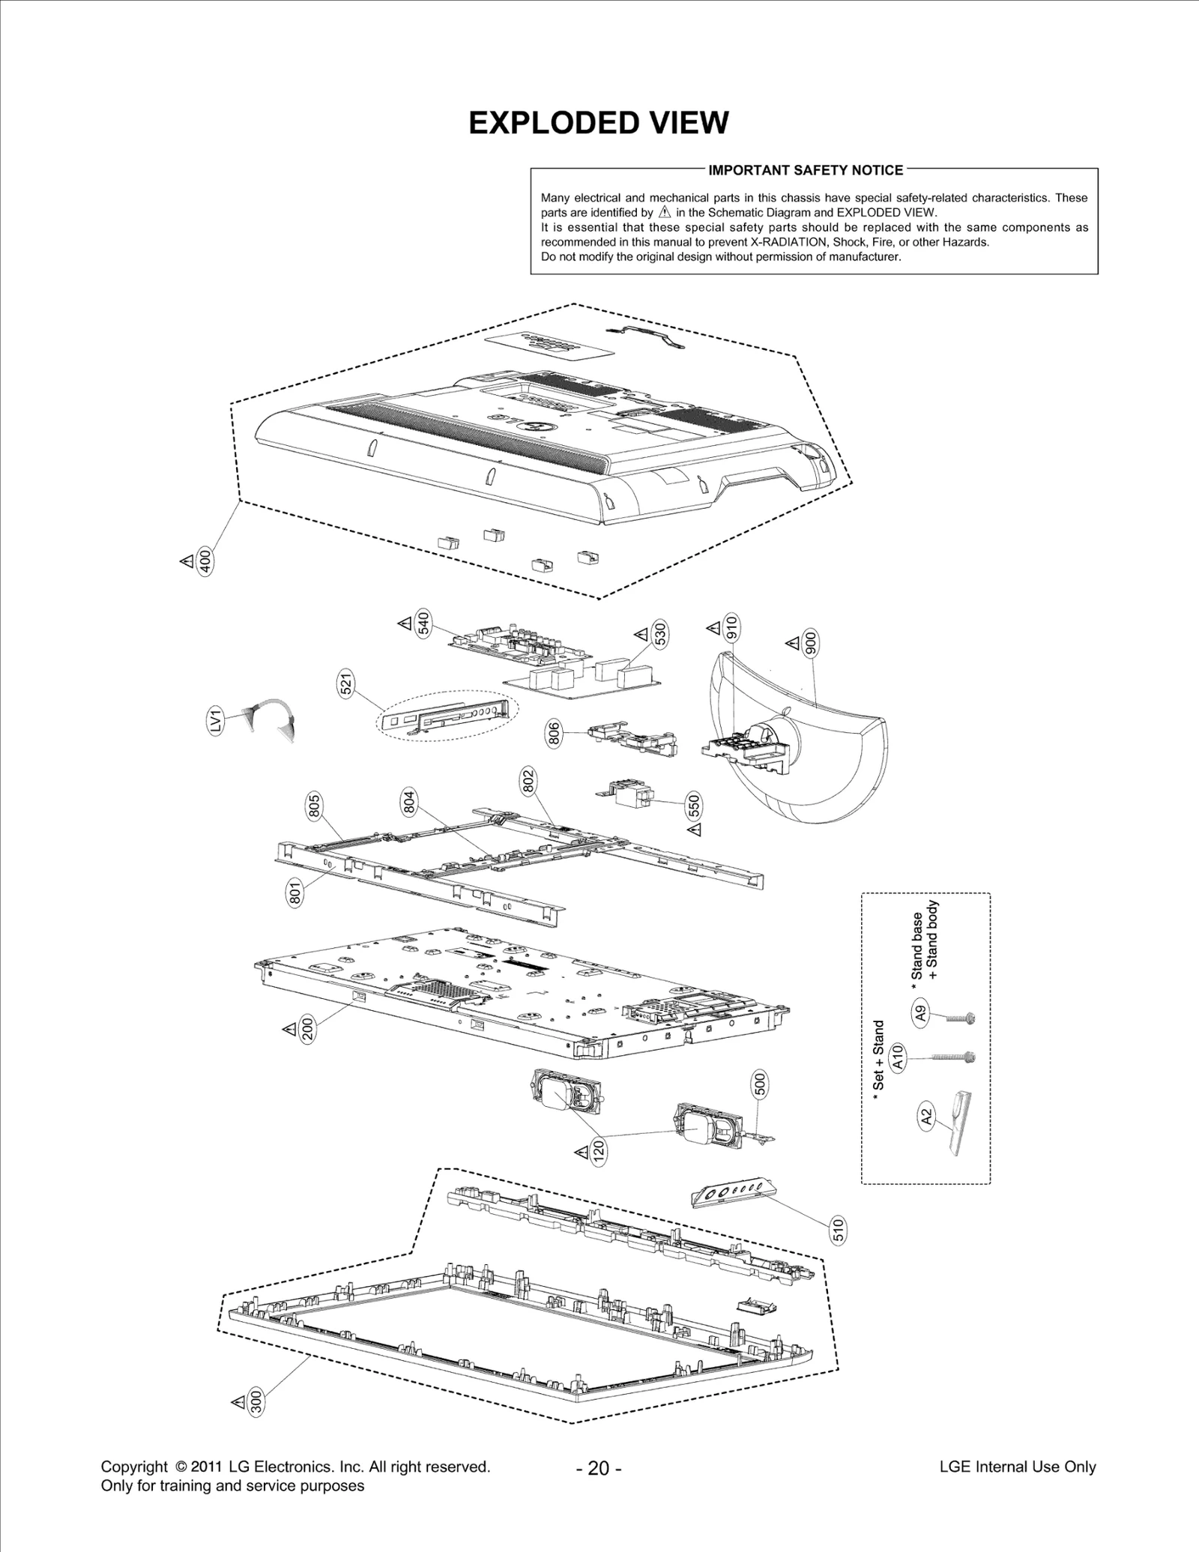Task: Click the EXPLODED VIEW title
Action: click(598, 123)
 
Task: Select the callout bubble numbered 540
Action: click(423, 623)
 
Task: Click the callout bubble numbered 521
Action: click(346, 686)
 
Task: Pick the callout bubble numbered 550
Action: click(694, 806)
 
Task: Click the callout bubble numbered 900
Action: click(811, 644)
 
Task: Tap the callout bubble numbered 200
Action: click(307, 1030)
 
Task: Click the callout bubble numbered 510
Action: click(838, 1231)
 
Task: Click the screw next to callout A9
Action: click(958, 1018)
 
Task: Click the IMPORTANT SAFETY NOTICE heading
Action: click(806, 170)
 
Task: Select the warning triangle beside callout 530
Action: click(641, 635)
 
